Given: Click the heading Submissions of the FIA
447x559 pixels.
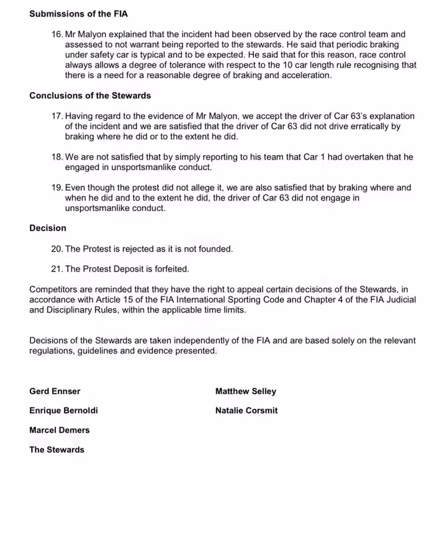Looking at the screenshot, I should [79, 14].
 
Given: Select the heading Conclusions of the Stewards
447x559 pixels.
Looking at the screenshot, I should [90, 96].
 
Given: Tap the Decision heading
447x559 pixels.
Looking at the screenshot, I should [48, 228].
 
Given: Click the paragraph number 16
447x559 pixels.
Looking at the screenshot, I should [56, 35].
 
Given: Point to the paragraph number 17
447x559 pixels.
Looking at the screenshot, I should [56, 116].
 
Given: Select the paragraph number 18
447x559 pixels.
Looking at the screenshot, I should [56, 157].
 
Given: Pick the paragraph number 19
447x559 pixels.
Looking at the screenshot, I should [56, 188].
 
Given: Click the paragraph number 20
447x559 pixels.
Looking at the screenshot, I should [56, 248].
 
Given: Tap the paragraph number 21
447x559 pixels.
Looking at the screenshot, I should [56, 269].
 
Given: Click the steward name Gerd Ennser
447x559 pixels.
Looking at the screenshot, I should [55, 391].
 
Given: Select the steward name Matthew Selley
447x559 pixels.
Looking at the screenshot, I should [246, 391].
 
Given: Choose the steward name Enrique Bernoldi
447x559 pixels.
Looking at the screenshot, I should [63, 411].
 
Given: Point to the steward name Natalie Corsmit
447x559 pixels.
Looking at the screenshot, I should [246, 411].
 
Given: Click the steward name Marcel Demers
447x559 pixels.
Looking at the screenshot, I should [60, 430].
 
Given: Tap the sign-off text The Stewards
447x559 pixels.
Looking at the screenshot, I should [56, 450].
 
